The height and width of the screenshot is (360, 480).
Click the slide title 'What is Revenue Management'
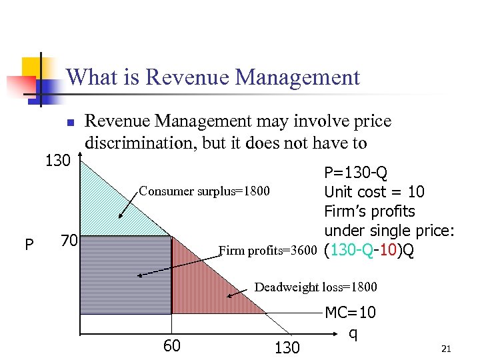pyautogui.click(x=213, y=77)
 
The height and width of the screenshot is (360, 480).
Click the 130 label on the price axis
pyautogui.click(x=57, y=161)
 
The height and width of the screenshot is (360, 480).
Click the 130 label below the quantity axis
pyautogui.click(x=287, y=347)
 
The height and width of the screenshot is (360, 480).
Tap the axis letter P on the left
pyautogui.click(x=29, y=245)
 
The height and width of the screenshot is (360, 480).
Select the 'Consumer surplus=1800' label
pyautogui.click(x=204, y=192)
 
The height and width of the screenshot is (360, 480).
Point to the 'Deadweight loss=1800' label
pyautogui.click(x=316, y=287)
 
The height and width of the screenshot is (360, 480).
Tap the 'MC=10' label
pyautogui.click(x=351, y=312)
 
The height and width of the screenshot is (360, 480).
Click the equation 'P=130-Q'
pyautogui.click(x=355, y=174)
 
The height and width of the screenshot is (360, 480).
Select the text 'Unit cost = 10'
pyautogui.click(x=374, y=193)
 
